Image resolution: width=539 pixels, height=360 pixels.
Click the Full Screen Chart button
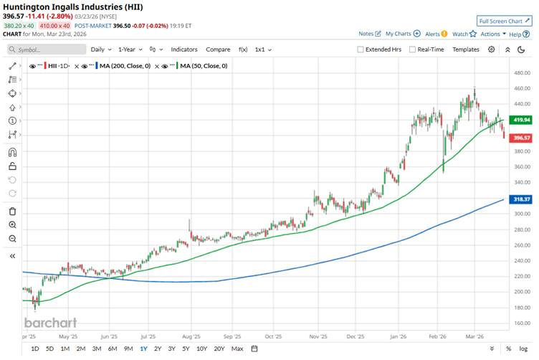coord(506,22)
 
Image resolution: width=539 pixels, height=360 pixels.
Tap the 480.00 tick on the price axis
coord(520,72)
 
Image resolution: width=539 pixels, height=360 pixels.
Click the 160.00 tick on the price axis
coord(520,323)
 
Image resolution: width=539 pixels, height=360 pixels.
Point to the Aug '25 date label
coord(191,335)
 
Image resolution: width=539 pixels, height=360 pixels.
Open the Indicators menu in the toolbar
coord(184,49)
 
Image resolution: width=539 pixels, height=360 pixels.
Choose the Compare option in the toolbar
coord(218,49)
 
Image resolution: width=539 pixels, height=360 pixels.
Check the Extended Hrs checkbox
coord(361,49)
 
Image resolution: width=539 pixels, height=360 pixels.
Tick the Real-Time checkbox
coord(412,49)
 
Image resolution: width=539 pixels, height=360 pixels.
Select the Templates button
coord(466,49)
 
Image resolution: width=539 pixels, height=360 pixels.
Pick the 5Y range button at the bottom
coord(186,349)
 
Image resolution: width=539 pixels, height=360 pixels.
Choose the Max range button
coord(237,349)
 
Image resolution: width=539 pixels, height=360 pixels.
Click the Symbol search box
coord(44,49)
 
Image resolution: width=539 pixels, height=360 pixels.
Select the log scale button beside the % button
coord(525,349)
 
